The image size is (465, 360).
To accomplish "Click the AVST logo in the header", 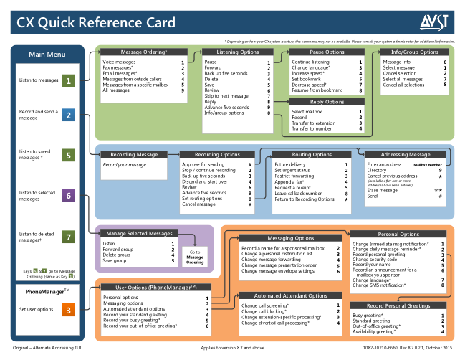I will coord(434,23).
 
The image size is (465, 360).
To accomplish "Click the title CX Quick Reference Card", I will coord(97,23).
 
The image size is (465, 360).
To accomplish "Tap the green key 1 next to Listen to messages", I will coord(68,80).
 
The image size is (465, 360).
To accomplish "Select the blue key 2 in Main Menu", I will coord(68,115).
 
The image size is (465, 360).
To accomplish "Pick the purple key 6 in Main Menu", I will coord(68,195).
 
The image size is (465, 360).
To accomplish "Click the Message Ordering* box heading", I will coord(144,52).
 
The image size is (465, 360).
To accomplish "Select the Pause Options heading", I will coord(327,52).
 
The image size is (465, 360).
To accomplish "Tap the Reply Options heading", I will coord(327,103).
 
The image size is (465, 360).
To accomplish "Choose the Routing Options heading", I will coord(312,154).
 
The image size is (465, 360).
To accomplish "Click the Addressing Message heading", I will coord(406,154).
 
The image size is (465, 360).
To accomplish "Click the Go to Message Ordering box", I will coord(195,257).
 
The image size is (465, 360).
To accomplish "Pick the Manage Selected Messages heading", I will coord(140,233).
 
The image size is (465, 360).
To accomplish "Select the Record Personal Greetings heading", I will coord(400,306).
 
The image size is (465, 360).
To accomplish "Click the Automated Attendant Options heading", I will coord(289,295).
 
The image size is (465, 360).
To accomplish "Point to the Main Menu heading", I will coord(47,55).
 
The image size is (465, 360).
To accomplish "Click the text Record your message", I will coord(124,165).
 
